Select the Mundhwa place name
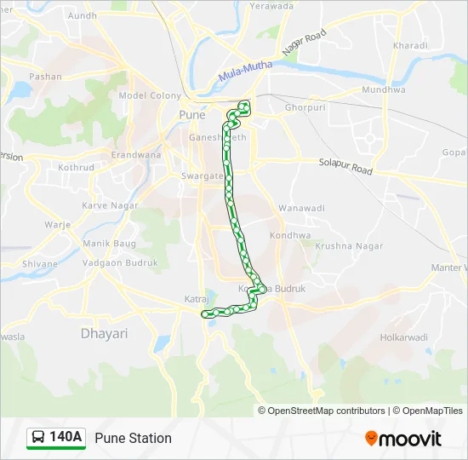[x=383, y=89]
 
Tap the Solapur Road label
[x=345, y=165]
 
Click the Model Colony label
[x=151, y=96]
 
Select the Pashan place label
[x=45, y=77]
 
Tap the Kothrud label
[x=77, y=167]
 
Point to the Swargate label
[x=201, y=175]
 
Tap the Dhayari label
[x=104, y=333]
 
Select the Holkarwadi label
[x=404, y=336]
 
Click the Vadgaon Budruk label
[x=120, y=263]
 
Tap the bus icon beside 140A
[x=38, y=438]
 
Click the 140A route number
[x=66, y=438]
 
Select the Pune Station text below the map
[x=134, y=438]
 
